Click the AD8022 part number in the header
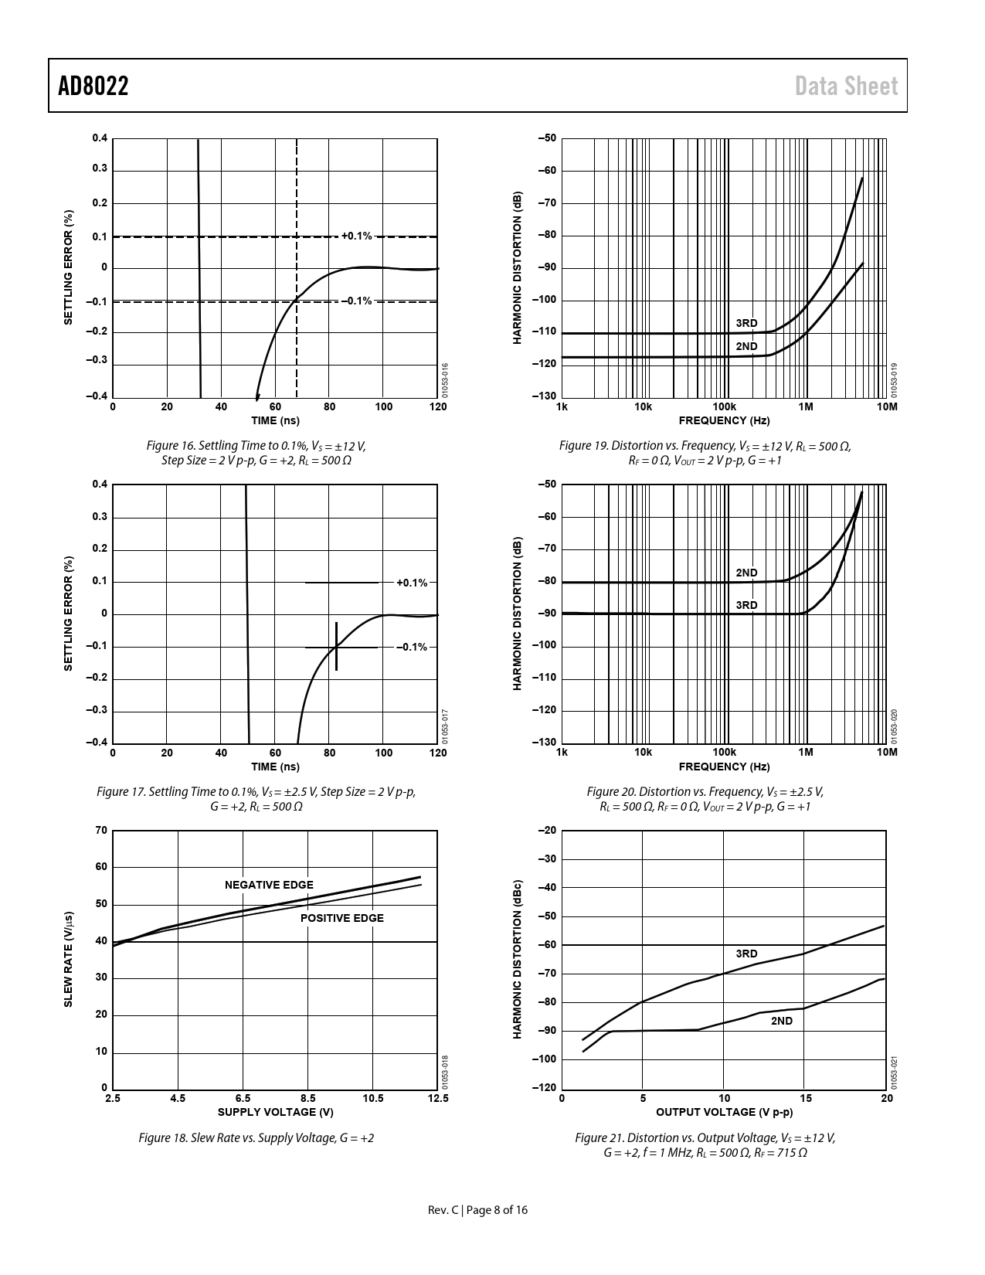pyautogui.click(x=93, y=86)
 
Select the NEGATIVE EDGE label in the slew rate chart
pyautogui.click(x=269, y=885)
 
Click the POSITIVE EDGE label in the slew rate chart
pyautogui.click(x=341, y=918)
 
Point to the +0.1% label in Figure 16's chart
pyautogui.click(x=356, y=236)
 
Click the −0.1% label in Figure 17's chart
pyautogui.click(x=412, y=647)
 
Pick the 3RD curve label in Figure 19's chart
pyautogui.click(x=746, y=323)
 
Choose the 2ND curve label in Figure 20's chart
pyautogui.click(x=746, y=573)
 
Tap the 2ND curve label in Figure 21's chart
pyautogui.click(x=782, y=1021)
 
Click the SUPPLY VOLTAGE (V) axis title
pyautogui.click(x=275, y=1112)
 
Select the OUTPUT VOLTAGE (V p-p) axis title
pyautogui.click(x=724, y=1112)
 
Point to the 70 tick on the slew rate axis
pyautogui.click(x=101, y=831)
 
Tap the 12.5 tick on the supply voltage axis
pyautogui.click(x=437, y=1098)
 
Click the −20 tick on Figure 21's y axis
pyautogui.click(x=545, y=831)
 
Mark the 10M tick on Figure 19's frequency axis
pyautogui.click(x=887, y=406)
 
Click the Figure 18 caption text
pyautogui.click(x=256, y=1138)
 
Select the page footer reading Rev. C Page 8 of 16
pyautogui.click(x=478, y=1210)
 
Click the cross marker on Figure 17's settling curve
pyautogui.click(x=337, y=647)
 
